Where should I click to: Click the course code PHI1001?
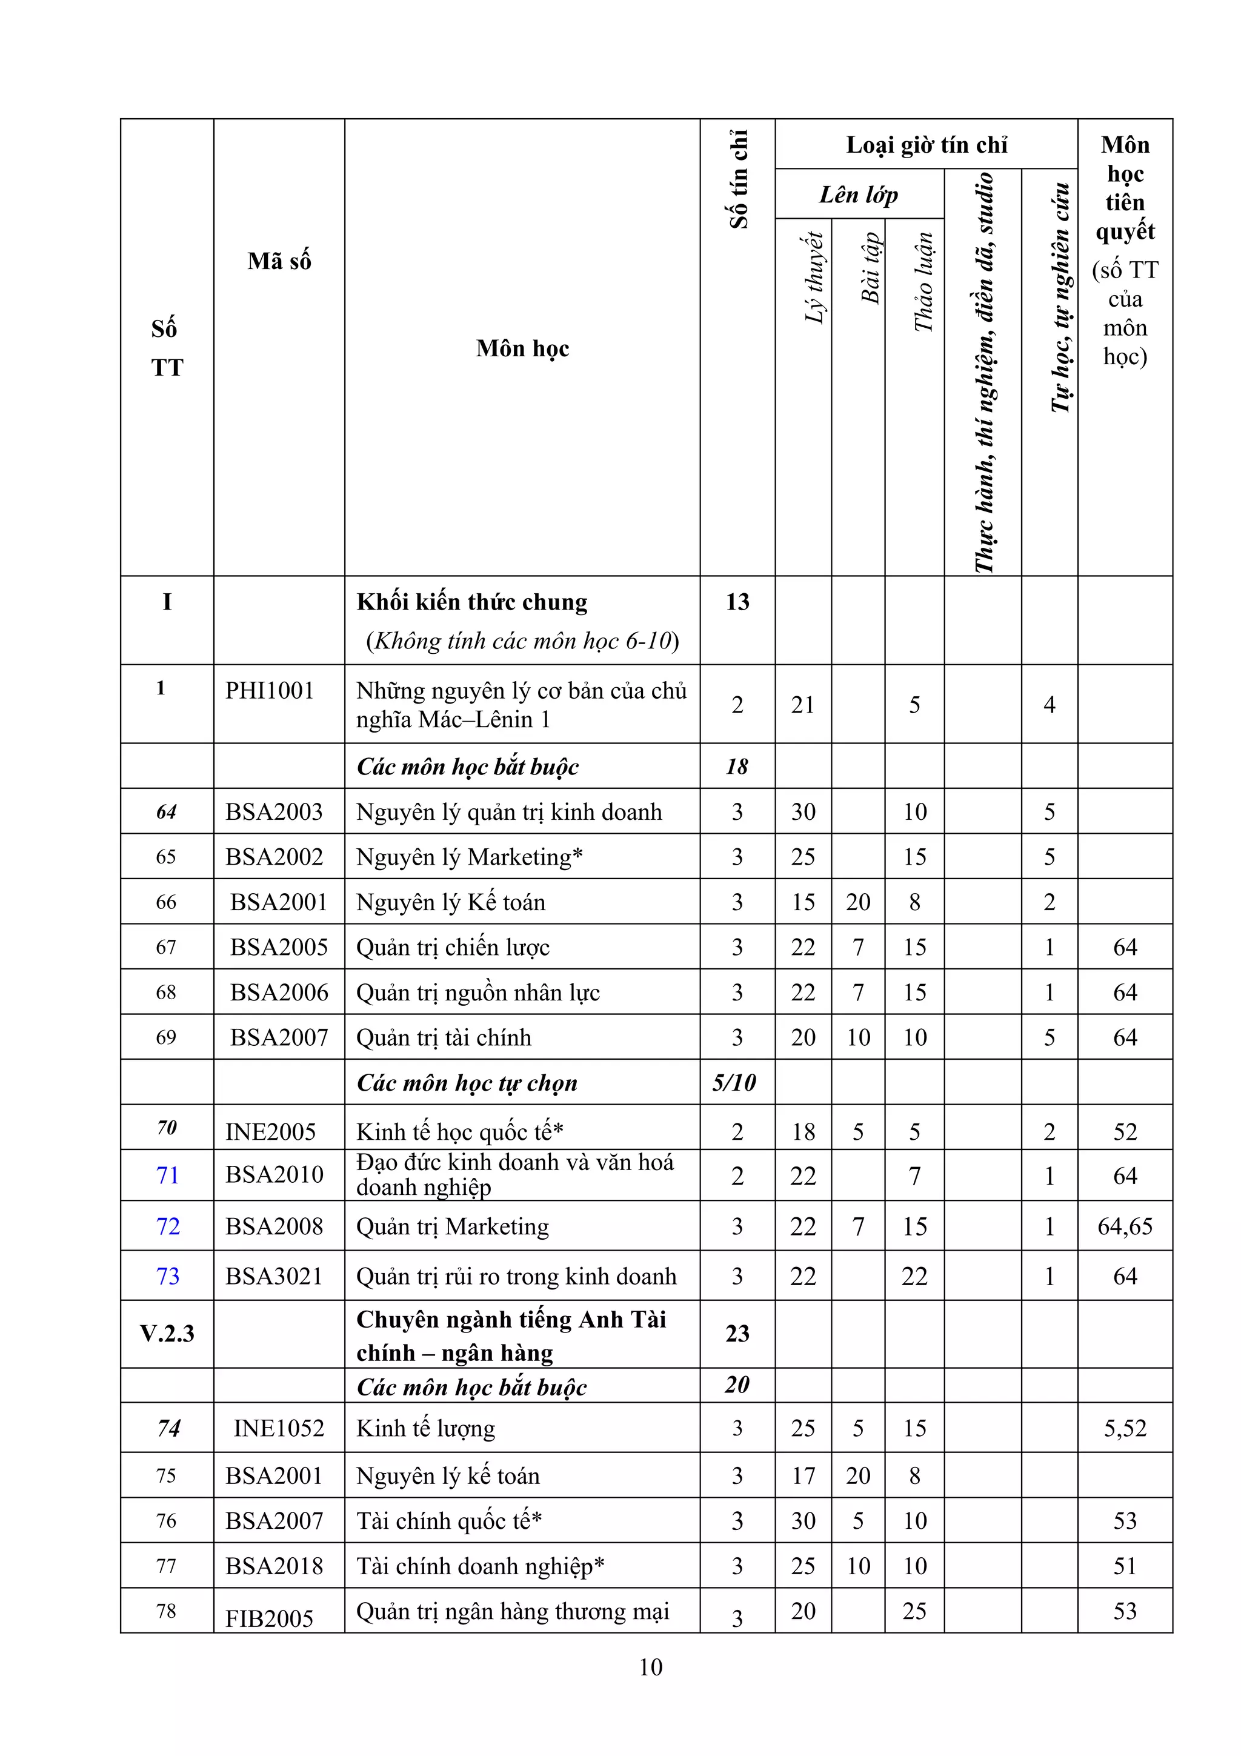click(x=269, y=691)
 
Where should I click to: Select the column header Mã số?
click(x=279, y=261)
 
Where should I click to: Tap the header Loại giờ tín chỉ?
click(x=926, y=145)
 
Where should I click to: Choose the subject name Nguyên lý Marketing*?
click(x=470, y=857)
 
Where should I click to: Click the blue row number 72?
click(x=167, y=1227)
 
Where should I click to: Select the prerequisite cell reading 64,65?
click(x=1124, y=1227)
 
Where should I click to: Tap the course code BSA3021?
click(x=274, y=1277)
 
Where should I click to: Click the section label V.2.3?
click(x=167, y=1334)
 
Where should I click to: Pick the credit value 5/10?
click(x=734, y=1082)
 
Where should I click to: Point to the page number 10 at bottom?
click(x=650, y=1668)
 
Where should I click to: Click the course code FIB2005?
click(x=269, y=1618)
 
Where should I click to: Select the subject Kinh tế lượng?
click(x=426, y=1428)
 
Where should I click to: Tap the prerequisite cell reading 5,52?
click(x=1124, y=1428)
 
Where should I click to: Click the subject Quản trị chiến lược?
click(x=453, y=947)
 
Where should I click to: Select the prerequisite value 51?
click(x=1124, y=1566)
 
